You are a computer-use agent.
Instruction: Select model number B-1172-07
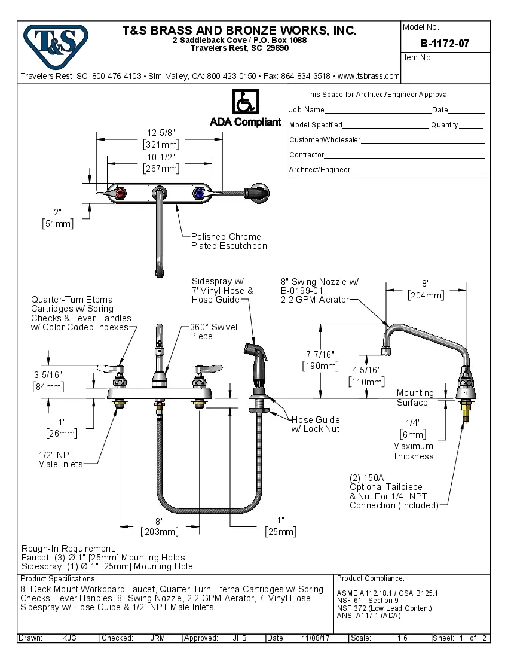[445, 44]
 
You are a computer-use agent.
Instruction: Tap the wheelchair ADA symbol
[245, 102]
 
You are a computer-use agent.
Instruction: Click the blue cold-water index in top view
[198, 193]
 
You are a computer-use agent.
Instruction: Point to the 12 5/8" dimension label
[161, 133]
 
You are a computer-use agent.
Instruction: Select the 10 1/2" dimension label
[161, 157]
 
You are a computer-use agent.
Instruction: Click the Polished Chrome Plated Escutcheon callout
[228, 241]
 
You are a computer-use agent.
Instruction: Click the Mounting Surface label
[415, 398]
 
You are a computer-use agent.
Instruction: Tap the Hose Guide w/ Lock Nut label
[316, 424]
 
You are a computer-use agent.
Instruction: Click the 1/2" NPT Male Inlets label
[60, 459]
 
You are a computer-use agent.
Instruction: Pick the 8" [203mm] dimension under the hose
[159, 526]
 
